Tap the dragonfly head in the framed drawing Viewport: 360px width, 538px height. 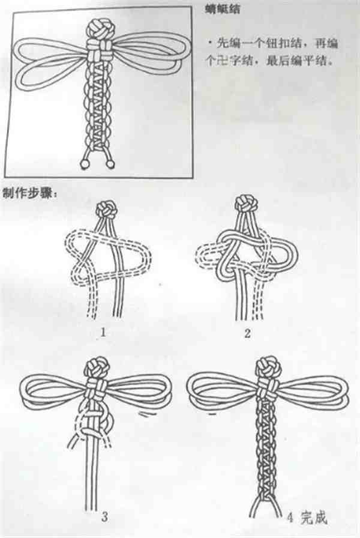coord(99,29)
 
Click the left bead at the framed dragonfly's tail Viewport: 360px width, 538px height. coord(85,163)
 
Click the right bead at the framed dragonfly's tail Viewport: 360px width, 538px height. coord(112,163)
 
